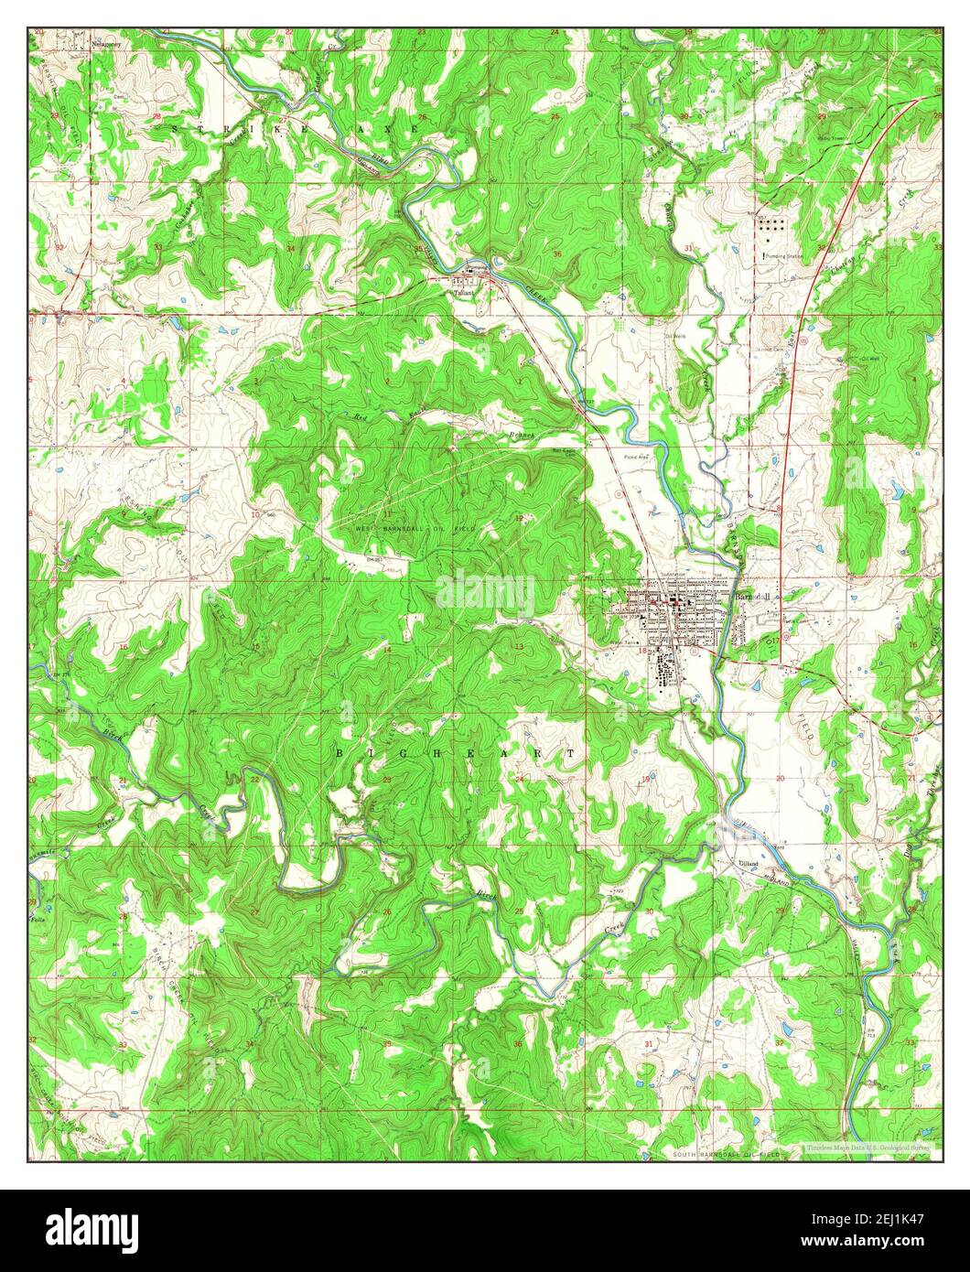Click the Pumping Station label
point(784,256)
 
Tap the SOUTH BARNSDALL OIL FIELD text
point(727,1155)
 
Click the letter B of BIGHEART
point(339,752)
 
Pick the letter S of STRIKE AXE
point(175,131)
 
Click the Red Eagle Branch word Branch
point(521,435)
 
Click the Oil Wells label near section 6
point(678,335)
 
